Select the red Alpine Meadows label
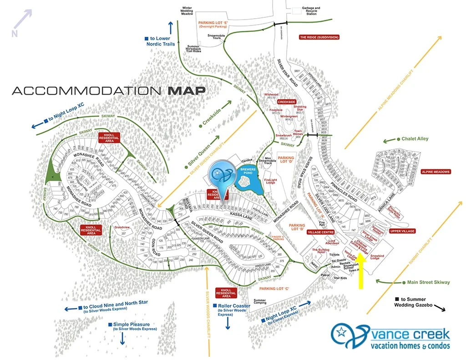436,172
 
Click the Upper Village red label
402,231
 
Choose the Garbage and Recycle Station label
311,10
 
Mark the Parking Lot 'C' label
274,289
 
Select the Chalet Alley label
415,139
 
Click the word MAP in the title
187,90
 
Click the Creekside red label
286,102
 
